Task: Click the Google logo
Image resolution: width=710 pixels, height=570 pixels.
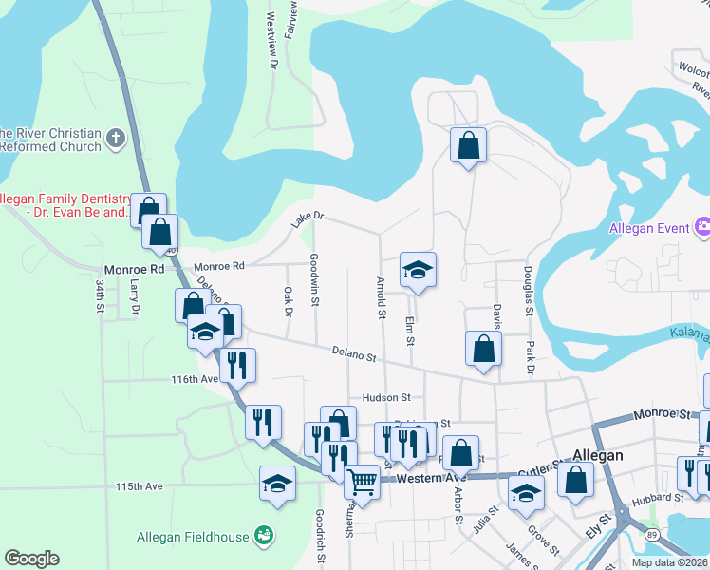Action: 32,559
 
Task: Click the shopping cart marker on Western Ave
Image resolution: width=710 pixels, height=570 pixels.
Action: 362,482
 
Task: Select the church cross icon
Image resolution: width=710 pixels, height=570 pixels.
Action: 116,139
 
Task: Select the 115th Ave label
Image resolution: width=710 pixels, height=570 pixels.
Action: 140,486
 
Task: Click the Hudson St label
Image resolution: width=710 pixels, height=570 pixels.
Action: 385,398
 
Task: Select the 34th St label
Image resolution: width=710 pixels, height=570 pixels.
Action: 99,296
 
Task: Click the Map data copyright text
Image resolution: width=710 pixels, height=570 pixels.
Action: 669,562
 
